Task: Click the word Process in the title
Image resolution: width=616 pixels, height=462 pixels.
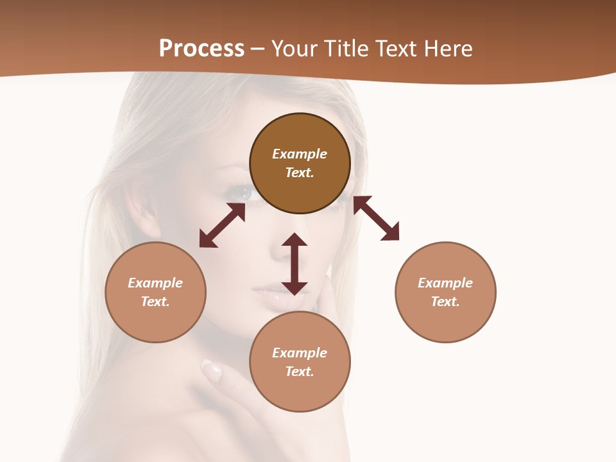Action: (201, 49)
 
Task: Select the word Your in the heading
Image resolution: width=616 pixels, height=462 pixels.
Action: (293, 49)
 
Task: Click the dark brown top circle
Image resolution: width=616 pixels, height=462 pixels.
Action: (300, 163)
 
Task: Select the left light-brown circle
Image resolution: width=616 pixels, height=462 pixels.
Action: (155, 292)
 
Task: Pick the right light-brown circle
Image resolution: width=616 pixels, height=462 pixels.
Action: (445, 292)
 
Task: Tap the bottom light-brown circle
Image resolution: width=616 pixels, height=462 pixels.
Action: (300, 362)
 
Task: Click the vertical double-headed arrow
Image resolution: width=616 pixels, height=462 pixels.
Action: (295, 264)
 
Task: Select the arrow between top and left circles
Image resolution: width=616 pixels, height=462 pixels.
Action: (222, 225)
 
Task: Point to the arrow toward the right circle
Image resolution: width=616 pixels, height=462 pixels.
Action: (376, 218)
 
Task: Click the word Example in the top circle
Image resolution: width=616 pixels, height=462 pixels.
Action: (300, 154)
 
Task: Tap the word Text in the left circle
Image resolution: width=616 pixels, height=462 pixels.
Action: (155, 302)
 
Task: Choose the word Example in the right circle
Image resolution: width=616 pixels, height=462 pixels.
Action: (445, 283)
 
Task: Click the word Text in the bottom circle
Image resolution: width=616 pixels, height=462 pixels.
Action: (300, 372)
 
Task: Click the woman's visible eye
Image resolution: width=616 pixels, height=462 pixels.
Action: (242, 191)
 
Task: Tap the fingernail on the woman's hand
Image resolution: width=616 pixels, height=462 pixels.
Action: (212, 369)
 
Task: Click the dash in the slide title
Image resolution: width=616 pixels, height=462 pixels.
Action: (257, 49)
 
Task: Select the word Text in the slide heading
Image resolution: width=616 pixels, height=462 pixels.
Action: (398, 49)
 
